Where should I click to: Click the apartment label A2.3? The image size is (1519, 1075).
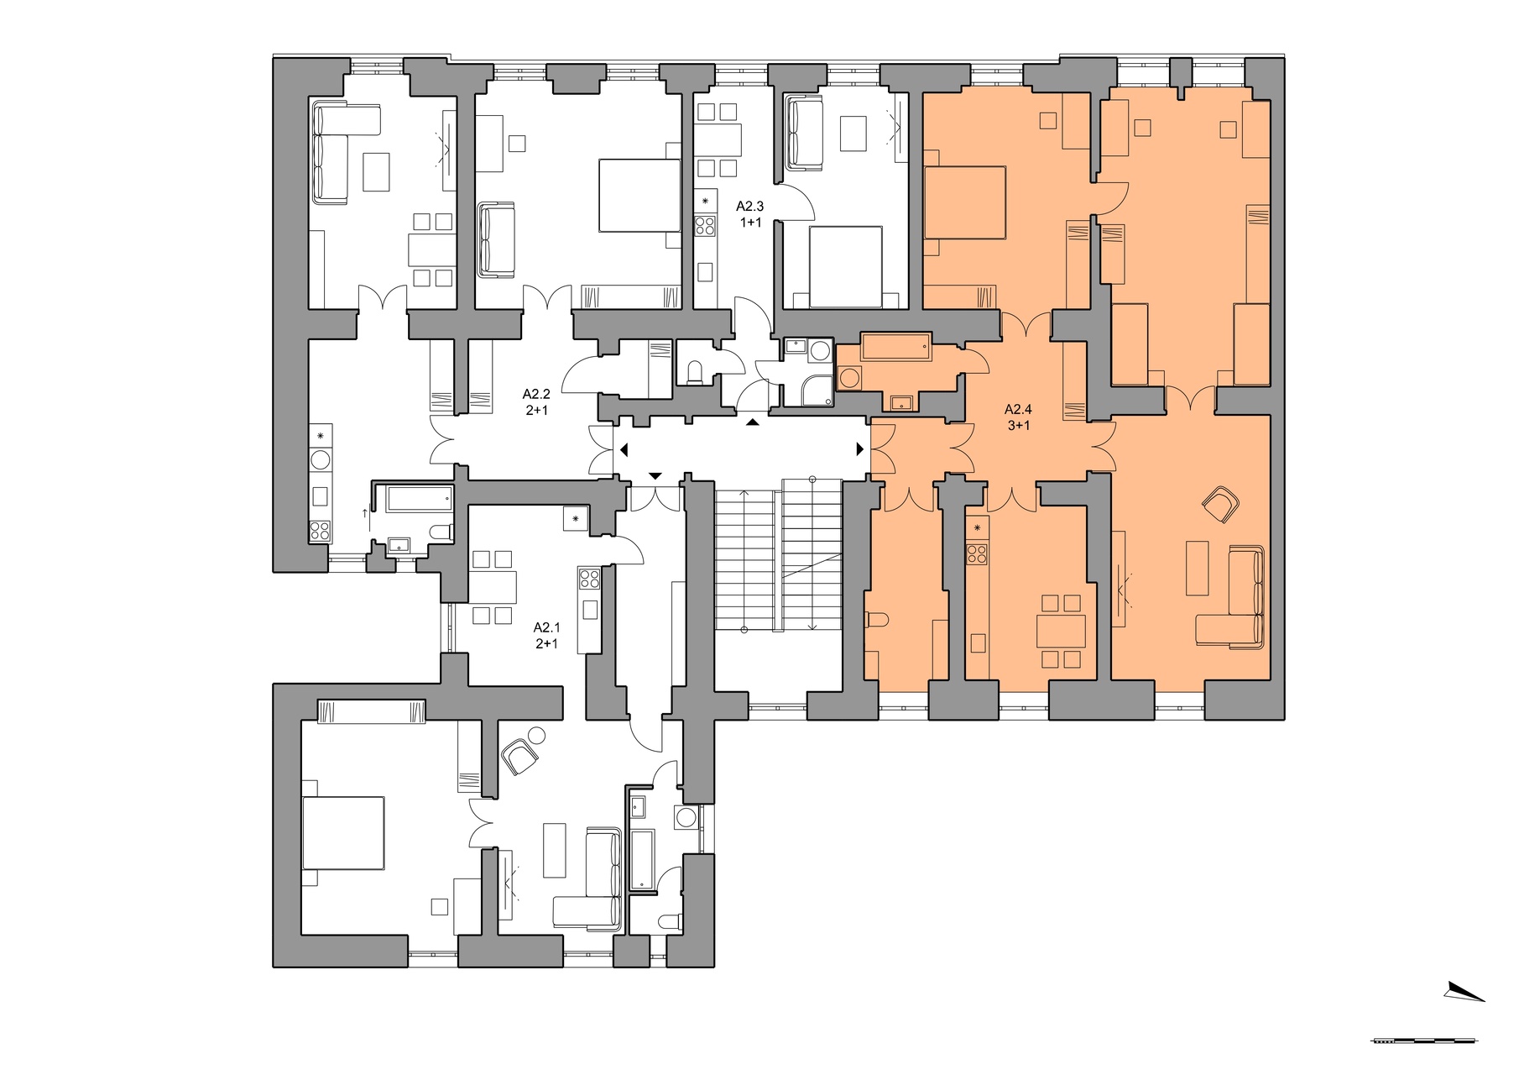(x=749, y=206)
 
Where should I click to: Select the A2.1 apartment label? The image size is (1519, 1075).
(x=546, y=627)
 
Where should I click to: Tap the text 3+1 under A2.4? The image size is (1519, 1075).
(x=1019, y=425)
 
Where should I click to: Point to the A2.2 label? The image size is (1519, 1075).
(x=536, y=393)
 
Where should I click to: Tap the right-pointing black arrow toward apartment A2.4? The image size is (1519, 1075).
(x=859, y=449)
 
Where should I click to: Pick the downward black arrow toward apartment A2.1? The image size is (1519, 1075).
(x=655, y=477)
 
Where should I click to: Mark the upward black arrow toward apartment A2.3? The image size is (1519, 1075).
(x=753, y=422)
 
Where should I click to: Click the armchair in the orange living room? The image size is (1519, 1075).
(x=1221, y=505)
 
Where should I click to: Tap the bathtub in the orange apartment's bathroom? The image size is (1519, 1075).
(x=895, y=347)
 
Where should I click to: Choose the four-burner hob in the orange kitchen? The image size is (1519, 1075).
(x=976, y=554)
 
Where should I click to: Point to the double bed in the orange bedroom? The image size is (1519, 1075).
(x=965, y=202)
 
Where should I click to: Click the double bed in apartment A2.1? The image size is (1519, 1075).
(x=342, y=833)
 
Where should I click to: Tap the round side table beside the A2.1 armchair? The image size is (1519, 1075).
(x=535, y=737)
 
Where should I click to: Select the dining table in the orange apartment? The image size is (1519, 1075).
(x=1061, y=631)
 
